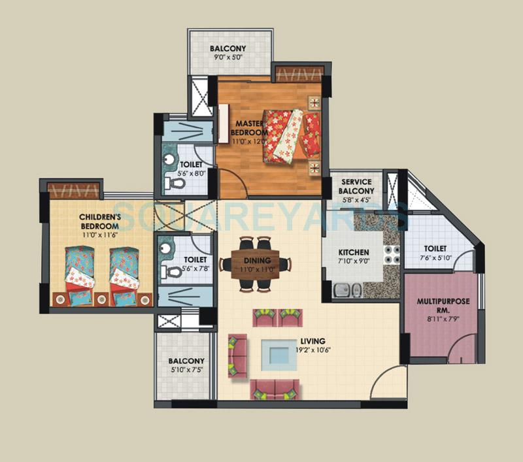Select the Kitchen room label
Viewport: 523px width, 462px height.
(x=354, y=252)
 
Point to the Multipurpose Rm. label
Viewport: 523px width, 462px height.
(x=440, y=306)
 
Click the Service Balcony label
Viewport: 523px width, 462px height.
(x=357, y=186)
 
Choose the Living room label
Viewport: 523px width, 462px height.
(x=314, y=340)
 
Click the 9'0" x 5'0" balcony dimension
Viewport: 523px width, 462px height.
(x=228, y=57)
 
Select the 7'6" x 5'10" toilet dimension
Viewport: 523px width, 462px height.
(x=435, y=258)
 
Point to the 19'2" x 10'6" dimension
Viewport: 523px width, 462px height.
(x=314, y=349)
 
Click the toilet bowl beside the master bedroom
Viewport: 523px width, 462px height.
(x=175, y=186)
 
